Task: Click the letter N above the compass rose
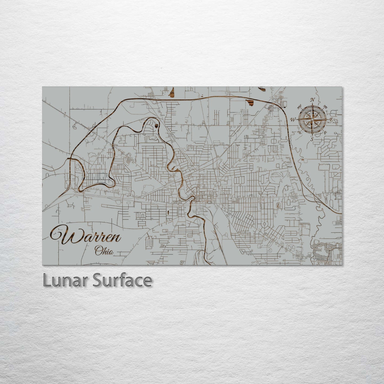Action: [x=313, y=100]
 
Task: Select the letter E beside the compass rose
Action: [x=331, y=120]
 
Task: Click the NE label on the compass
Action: [x=325, y=107]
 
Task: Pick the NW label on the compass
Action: [x=300, y=107]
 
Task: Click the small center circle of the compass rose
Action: [x=312, y=119]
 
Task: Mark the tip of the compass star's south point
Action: [x=312, y=136]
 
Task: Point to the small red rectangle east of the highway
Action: [x=303, y=160]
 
